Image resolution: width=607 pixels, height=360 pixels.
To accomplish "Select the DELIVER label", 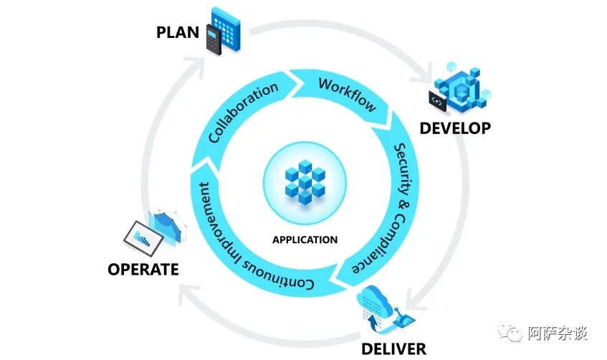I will click(x=393, y=349).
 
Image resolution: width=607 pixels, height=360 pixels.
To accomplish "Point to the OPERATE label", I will click(x=143, y=270).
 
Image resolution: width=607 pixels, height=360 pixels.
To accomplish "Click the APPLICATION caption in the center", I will click(x=305, y=240).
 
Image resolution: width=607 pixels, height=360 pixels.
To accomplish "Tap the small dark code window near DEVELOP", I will click(x=437, y=102).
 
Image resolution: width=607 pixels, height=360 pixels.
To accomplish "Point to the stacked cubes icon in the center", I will click(x=305, y=180).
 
